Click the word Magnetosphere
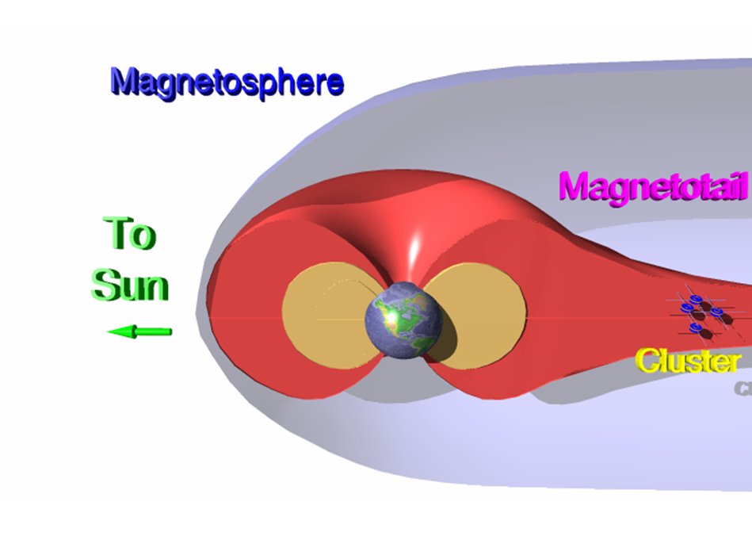click(227, 82)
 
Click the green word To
click(130, 234)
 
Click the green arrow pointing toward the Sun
click(140, 331)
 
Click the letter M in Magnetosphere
click(125, 82)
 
